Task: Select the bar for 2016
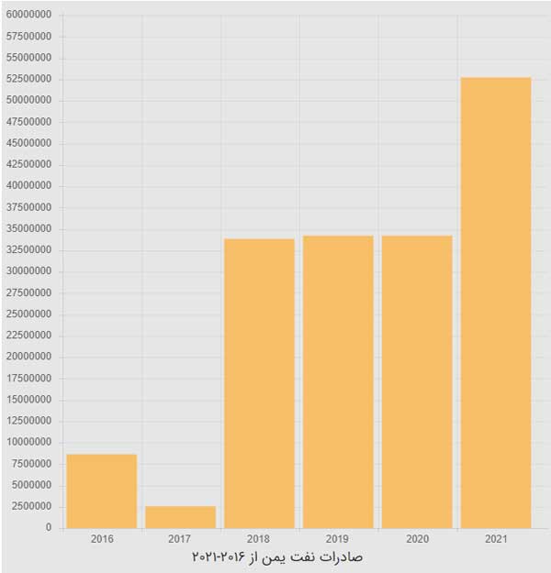click(x=102, y=491)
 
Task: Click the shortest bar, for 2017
click(x=180, y=517)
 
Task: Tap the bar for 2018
click(x=259, y=383)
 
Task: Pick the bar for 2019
click(x=338, y=381)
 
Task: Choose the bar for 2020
click(x=417, y=381)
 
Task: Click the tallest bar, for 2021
click(x=496, y=303)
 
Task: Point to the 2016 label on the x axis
click(x=102, y=538)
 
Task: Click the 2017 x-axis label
click(x=180, y=538)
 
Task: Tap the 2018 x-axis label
click(x=259, y=538)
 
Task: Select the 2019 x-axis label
click(x=338, y=538)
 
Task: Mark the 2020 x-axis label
click(x=417, y=538)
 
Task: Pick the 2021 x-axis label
click(x=496, y=538)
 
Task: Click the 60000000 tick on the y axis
click(x=29, y=16)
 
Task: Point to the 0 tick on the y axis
click(x=49, y=528)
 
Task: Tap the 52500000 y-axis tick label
click(x=29, y=80)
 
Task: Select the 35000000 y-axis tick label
click(x=29, y=229)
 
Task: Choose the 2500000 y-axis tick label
click(x=32, y=507)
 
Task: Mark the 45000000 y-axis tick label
click(x=29, y=144)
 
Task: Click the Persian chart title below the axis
click(x=276, y=557)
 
